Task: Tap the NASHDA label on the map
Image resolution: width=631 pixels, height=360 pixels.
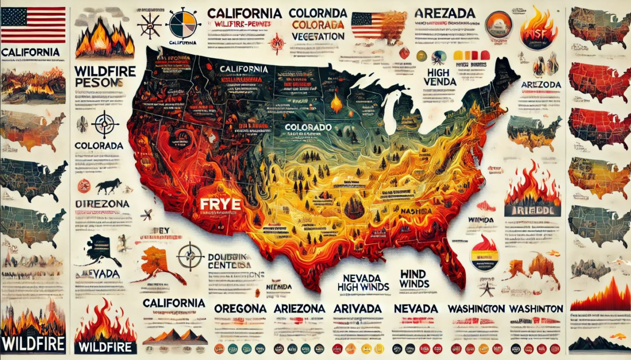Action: click(416, 211)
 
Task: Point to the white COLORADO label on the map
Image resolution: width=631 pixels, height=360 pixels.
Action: click(308, 127)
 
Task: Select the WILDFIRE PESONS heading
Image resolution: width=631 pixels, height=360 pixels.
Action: click(105, 76)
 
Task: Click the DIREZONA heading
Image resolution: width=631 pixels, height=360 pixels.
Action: click(103, 204)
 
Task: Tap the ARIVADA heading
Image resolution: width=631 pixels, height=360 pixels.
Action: click(357, 308)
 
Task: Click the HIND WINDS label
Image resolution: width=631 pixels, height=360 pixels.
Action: click(415, 279)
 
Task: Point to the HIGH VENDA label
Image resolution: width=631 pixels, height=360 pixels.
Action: click(439, 77)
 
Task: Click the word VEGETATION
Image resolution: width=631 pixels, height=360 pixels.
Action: click(317, 36)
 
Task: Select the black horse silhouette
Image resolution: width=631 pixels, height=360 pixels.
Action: click(108, 186)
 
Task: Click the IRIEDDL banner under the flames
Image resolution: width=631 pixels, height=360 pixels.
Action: click(532, 211)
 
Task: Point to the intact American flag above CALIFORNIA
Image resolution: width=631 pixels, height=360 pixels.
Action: click(33, 25)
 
